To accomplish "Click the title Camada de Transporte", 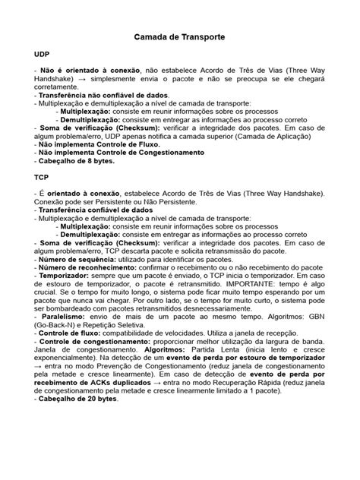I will (x=179, y=36).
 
